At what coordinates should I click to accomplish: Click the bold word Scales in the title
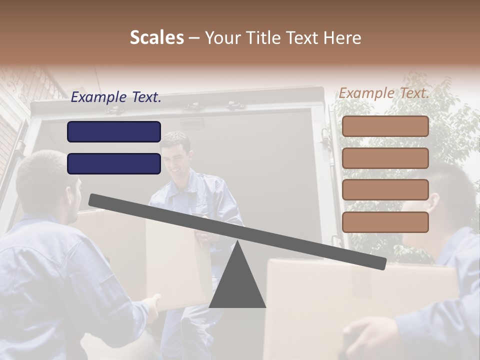(x=156, y=37)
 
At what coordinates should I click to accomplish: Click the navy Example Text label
(x=116, y=97)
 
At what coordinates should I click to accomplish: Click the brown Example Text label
(x=384, y=93)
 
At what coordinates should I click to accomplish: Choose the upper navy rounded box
(x=114, y=131)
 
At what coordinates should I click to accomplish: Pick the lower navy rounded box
(x=114, y=163)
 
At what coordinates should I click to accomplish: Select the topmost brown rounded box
(x=385, y=126)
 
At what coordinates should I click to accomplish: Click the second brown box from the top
(x=385, y=158)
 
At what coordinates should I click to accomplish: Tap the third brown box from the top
(x=385, y=189)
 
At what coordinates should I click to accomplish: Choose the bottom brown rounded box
(x=385, y=221)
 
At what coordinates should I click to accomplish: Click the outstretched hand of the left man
(x=152, y=302)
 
